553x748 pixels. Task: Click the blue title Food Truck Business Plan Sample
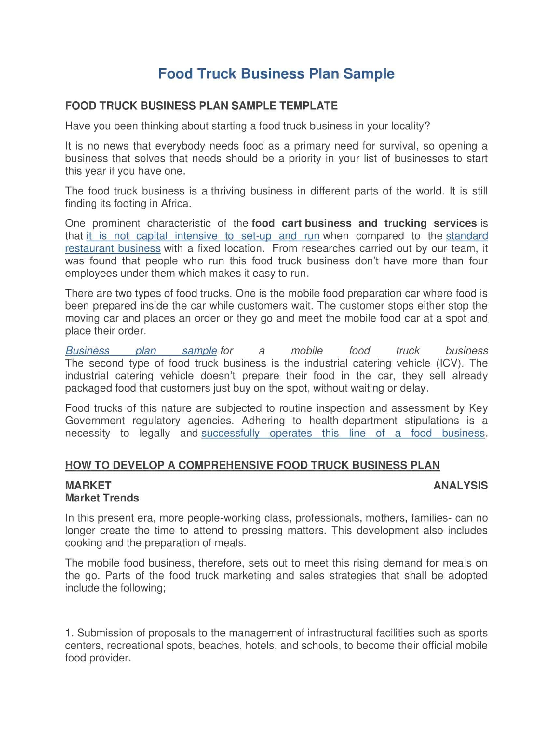tap(276, 73)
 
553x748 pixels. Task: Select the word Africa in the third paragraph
tap(176, 204)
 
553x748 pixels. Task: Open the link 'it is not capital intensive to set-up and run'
tap(203, 236)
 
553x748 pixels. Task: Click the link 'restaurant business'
tap(113, 248)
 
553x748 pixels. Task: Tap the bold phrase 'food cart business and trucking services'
tap(364, 223)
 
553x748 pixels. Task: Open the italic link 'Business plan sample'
tap(141, 350)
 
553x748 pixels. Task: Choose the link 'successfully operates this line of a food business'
tap(343, 433)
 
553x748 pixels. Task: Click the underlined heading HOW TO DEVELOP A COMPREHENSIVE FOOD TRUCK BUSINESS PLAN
tap(252, 465)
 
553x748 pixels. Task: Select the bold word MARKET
tap(88, 485)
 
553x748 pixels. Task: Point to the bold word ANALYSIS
tap(460, 485)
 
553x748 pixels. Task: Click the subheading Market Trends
tap(102, 498)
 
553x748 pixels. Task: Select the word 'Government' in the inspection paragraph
tap(95, 421)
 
